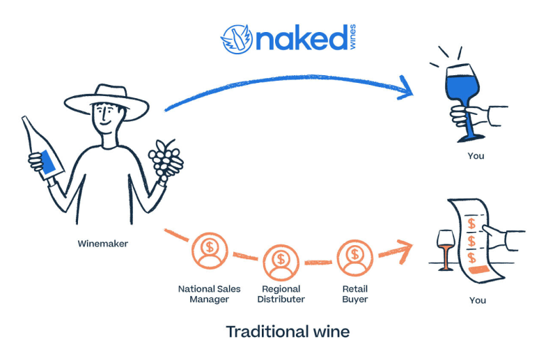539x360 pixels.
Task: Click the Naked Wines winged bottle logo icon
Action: (236, 38)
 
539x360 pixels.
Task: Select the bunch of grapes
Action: (164, 159)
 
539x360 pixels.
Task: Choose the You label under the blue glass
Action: (476, 156)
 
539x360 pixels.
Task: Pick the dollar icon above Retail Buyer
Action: (354, 255)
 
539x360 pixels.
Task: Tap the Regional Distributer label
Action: (281, 294)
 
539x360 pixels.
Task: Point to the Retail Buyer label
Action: (354, 294)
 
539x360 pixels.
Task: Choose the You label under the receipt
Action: (477, 300)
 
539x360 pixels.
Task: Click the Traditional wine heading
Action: (288, 331)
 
